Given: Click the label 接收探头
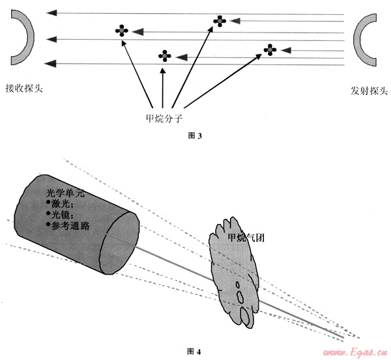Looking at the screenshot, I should pyautogui.click(x=24, y=88).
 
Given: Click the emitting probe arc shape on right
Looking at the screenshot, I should pyautogui.click(x=363, y=40).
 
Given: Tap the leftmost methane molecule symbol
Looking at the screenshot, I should pyautogui.click(x=121, y=29).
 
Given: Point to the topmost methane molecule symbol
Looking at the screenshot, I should pyautogui.click(x=220, y=21).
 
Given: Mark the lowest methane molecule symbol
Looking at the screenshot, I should pyautogui.click(x=166, y=56).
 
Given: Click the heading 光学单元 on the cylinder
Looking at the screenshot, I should pyautogui.click(x=65, y=193).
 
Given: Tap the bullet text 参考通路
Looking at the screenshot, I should pyautogui.click(x=71, y=225).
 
